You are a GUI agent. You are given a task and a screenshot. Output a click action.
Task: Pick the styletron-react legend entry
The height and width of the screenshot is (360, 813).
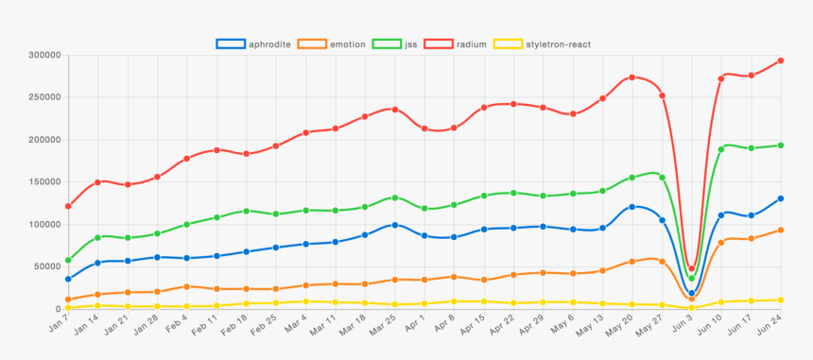545,43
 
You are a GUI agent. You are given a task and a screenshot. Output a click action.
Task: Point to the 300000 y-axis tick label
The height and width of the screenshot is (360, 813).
44,56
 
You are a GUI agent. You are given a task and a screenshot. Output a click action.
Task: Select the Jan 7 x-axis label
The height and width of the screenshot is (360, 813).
59,326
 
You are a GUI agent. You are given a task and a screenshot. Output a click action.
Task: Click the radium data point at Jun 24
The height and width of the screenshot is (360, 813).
781,60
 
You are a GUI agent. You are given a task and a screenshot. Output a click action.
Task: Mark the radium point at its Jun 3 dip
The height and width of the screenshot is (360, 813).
692,268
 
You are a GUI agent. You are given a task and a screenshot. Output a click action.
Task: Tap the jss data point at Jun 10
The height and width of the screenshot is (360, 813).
721,149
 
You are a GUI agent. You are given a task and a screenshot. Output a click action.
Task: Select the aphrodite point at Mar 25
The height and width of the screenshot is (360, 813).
395,225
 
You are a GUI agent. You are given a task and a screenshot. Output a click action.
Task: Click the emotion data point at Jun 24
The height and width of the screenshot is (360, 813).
781,230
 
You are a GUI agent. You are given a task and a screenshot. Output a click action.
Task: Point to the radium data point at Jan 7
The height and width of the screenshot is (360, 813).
68,206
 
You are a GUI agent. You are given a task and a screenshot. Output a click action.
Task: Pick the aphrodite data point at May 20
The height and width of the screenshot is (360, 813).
632,207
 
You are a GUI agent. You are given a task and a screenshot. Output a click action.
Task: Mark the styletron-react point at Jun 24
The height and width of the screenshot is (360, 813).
781,300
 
